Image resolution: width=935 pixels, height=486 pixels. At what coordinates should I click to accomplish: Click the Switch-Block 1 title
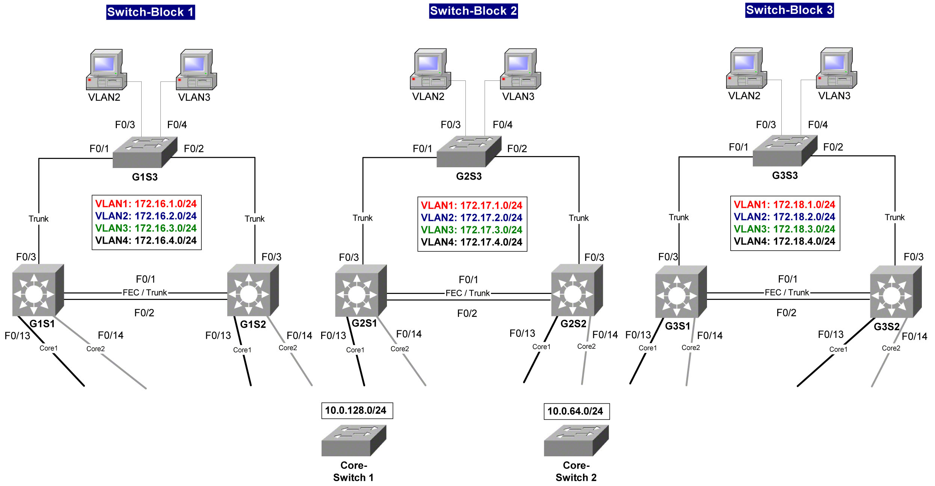150,12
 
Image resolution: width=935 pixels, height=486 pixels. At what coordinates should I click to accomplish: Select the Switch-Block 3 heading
789,10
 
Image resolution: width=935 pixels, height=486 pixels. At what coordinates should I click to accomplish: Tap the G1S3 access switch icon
145,152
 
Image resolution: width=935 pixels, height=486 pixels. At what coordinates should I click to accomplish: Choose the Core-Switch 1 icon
353,440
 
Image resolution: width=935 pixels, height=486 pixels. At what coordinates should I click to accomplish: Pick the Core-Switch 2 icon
576,440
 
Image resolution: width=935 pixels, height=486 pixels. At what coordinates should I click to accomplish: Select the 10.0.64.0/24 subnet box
576,411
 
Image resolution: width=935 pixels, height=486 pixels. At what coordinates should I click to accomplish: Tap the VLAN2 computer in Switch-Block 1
106,70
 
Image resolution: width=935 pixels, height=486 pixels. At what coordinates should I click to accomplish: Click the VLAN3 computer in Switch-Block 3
836,68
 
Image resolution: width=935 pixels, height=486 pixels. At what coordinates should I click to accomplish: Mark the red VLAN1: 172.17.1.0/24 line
471,206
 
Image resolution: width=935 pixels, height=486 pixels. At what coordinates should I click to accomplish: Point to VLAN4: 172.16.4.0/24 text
146,241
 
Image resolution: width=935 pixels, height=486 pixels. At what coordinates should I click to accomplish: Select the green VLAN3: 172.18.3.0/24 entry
784,229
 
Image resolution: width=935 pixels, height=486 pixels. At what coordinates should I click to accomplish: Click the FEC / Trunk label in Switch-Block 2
468,293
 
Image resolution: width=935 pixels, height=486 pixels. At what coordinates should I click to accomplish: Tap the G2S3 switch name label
469,176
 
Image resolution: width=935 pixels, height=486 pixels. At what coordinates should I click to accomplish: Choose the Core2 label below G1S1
95,349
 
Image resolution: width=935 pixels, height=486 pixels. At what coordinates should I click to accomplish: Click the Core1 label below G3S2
838,350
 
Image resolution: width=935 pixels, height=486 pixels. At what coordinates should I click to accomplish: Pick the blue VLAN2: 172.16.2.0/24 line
146,216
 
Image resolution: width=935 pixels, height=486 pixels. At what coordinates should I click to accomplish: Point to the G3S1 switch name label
677,326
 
